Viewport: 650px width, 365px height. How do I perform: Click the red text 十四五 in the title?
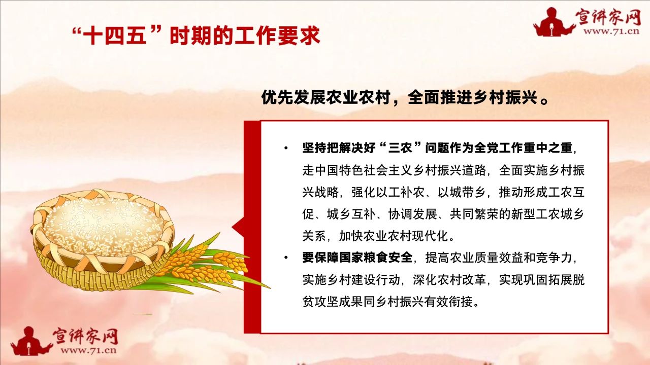click(x=115, y=36)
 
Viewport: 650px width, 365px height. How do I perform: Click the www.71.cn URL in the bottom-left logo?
click(x=88, y=350)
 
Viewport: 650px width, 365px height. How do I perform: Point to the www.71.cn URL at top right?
click(x=611, y=31)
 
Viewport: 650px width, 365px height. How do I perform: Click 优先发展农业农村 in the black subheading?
click(x=326, y=97)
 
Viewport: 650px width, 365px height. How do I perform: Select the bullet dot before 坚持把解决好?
click(x=286, y=149)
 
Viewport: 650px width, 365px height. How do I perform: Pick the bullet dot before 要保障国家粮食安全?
click(x=286, y=257)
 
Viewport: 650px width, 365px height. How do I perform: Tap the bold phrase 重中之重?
click(x=547, y=148)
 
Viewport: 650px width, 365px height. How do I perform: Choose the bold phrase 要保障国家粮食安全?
click(x=357, y=257)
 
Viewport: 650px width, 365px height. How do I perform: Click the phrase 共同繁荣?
click(x=474, y=214)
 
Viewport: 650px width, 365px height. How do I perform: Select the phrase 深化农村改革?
click(x=449, y=279)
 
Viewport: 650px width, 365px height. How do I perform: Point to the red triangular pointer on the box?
click(x=238, y=227)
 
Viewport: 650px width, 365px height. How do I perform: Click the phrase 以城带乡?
click(x=462, y=192)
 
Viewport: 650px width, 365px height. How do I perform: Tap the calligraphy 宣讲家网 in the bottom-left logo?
click(x=85, y=336)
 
